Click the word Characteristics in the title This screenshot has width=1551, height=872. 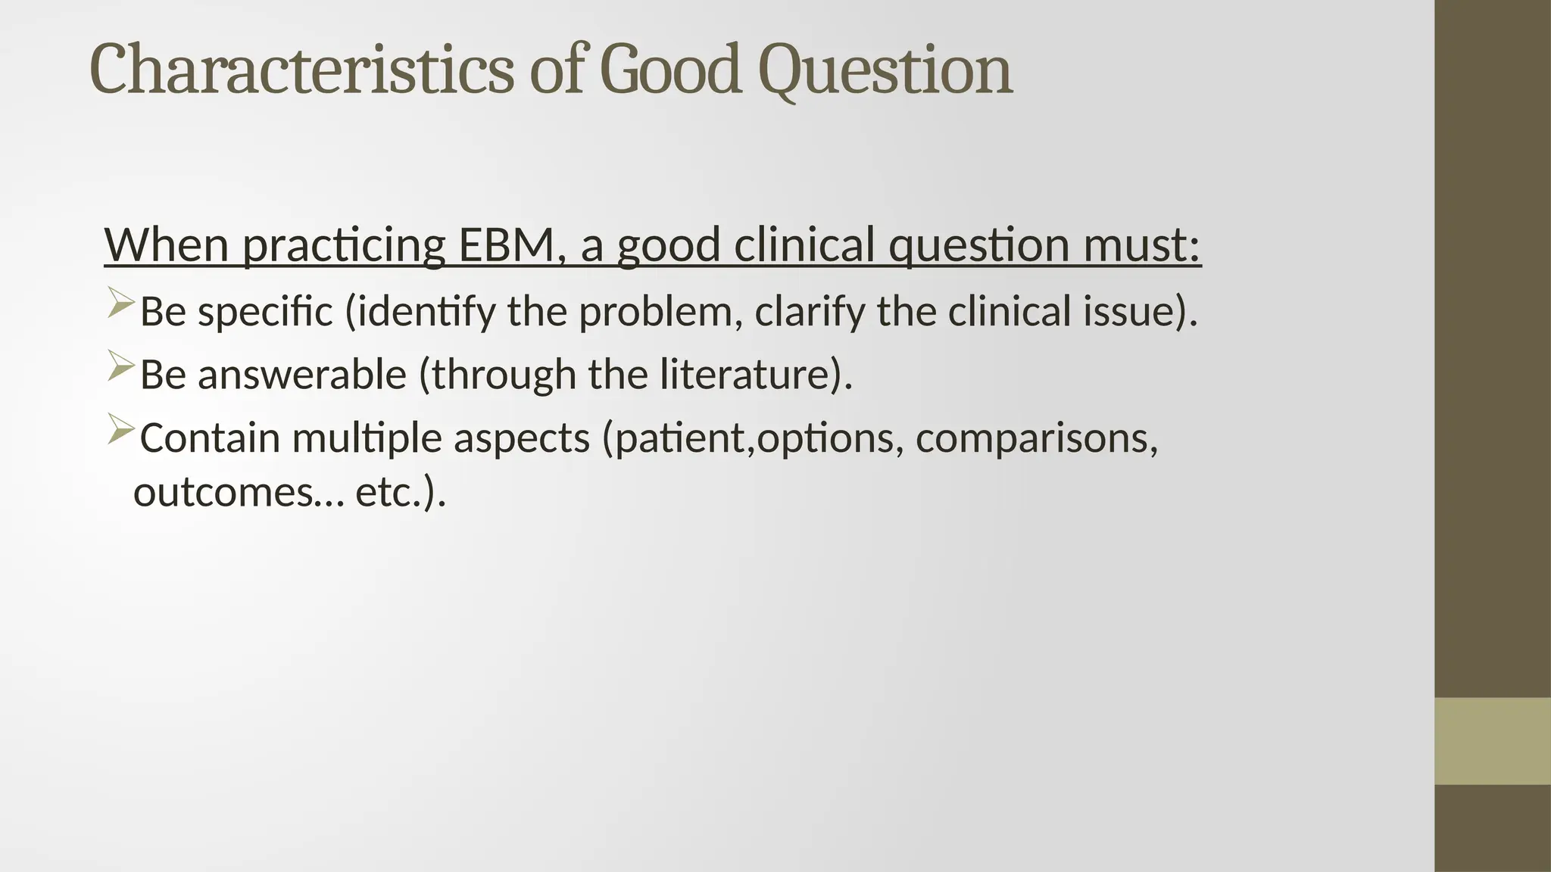[x=301, y=70]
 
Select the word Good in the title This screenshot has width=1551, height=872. [x=669, y=70]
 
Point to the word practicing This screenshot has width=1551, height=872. [x=343, y=245]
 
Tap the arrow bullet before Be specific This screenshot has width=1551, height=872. [x=120, y=303]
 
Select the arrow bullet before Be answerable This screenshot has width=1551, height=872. [x=120, y=366]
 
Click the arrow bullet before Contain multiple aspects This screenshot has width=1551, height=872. [x=120, y=429]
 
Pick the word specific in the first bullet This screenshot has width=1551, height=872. [x=265, y=312]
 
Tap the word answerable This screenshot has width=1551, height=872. [x=302, y=375]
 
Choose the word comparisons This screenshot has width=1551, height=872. [x=1036, y=438]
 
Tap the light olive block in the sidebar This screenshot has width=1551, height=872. [x=1492, y=741]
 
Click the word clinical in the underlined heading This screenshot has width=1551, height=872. [x=804, y=245]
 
